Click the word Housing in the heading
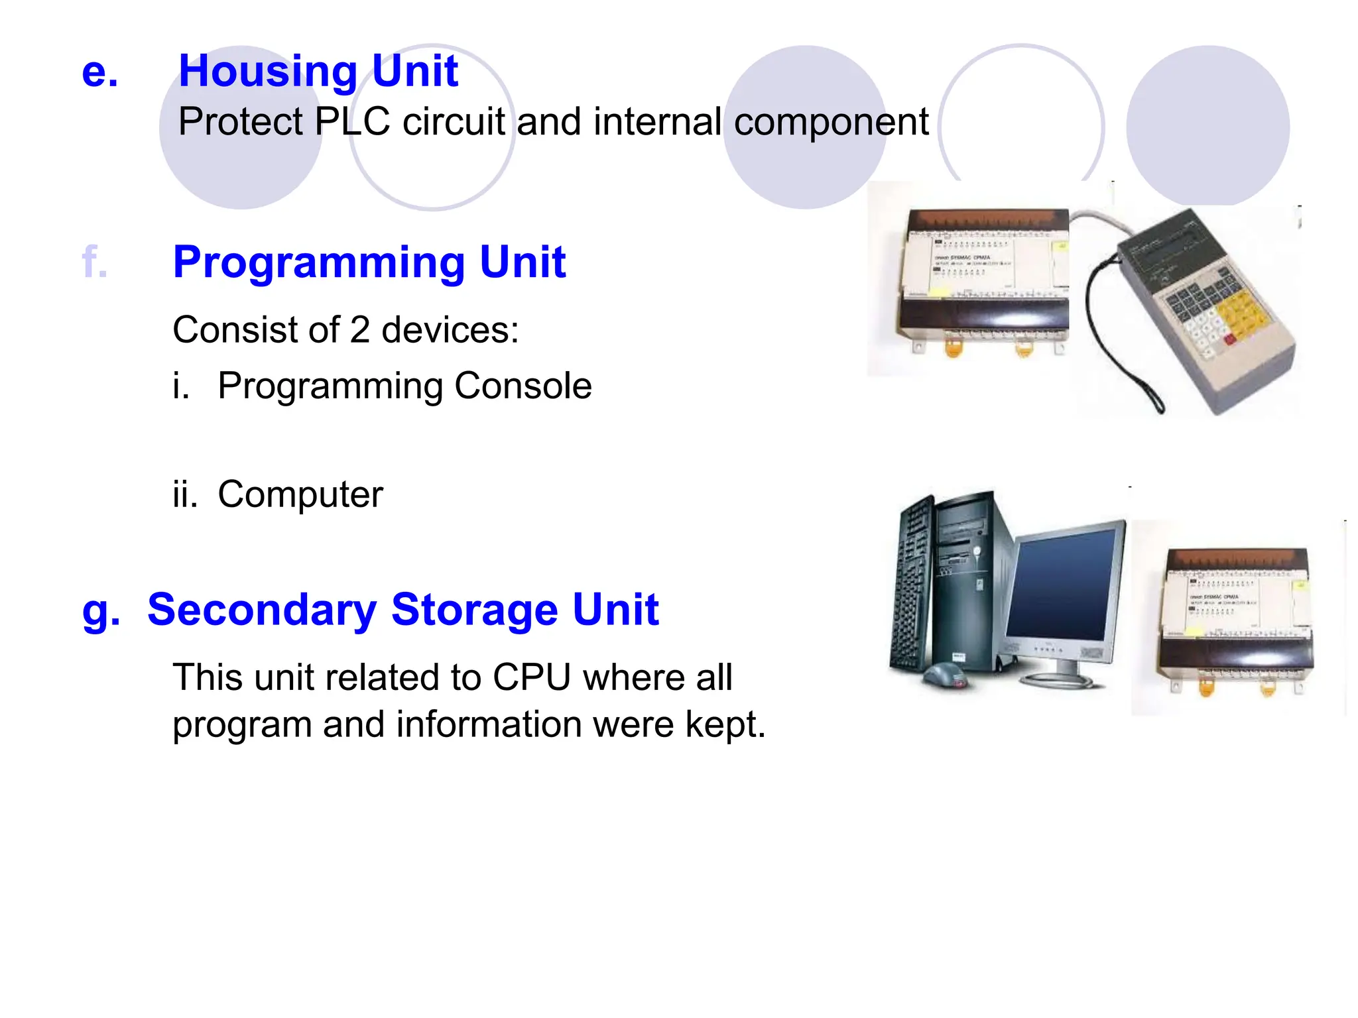[268, 72]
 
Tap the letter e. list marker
[99, 72]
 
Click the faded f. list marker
[94, 262]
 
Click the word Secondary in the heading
[262, 610]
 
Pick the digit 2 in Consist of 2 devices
[359, 330]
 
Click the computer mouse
[946, 676]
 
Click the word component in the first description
[831, 122]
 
